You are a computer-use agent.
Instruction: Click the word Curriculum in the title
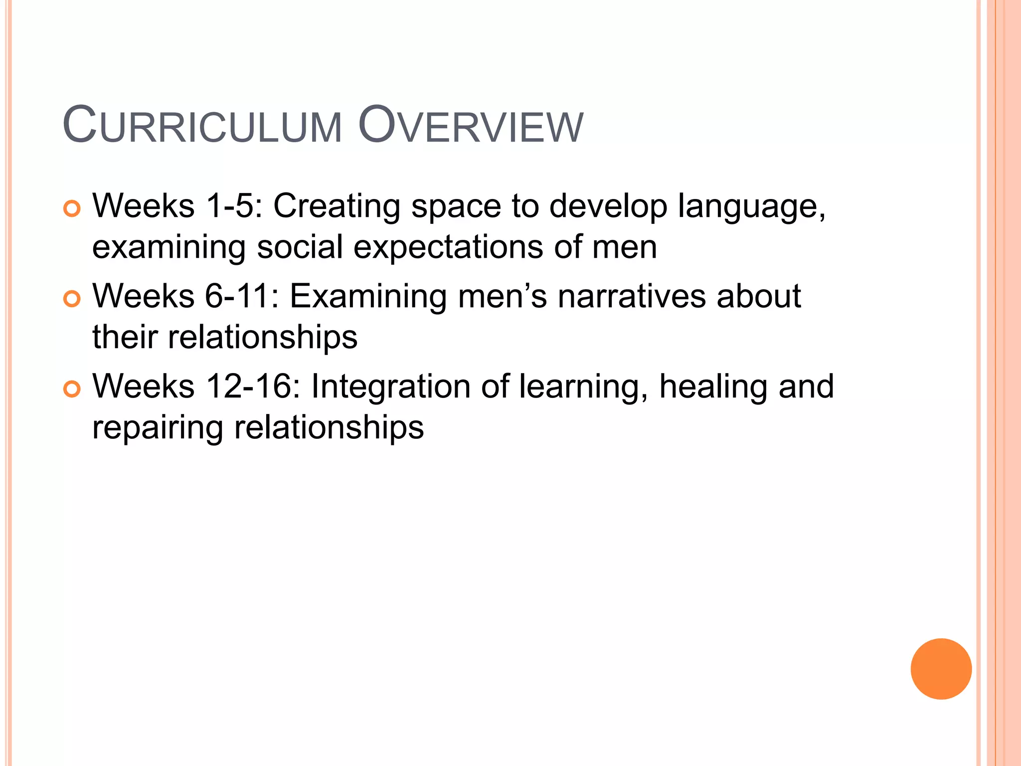click(x=202, y=126)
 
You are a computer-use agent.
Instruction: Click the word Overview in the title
click(x=470, y=126)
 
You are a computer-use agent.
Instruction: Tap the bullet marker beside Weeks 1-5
click(x=72, y=209)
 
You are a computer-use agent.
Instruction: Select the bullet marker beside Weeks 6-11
click(x=72, y=299)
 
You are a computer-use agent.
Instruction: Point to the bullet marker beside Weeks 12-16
click(x=72, y=389)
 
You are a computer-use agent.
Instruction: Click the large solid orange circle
click(x=941, y=669)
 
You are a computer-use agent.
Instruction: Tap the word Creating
click(x=337, y=206)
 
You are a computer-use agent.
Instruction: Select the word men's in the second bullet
click(x=502, y=297)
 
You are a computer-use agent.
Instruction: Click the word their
click(x=125, y=337)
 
